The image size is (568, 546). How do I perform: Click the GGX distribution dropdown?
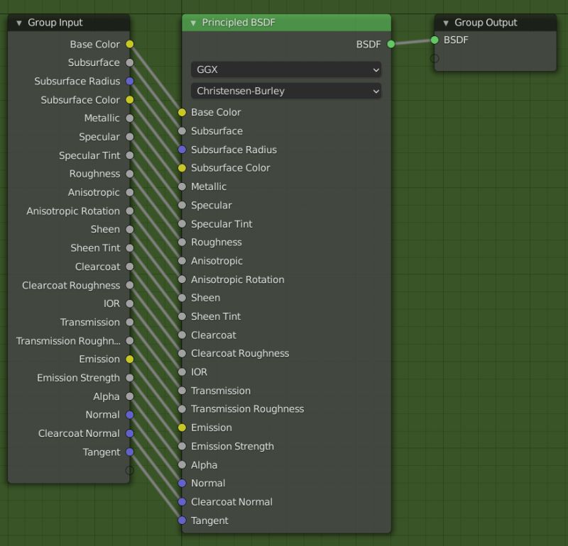point(285,70)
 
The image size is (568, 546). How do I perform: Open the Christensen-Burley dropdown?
point(285,91)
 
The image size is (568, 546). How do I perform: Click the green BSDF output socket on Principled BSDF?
point(391,44)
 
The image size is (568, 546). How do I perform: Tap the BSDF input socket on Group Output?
point(435,40)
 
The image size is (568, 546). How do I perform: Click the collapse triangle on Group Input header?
point(19,23)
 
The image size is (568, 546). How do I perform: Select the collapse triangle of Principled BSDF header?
point(193,23)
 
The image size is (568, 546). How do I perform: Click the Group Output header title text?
point(486,23)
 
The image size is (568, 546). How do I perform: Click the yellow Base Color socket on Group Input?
point(129,44)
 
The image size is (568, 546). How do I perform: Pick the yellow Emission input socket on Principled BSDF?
point(182,428)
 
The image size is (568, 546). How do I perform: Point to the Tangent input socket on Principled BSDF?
point(182,520)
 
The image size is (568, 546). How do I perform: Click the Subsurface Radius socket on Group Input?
point(129,82)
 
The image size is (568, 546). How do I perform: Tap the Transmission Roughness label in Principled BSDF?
point(247,409)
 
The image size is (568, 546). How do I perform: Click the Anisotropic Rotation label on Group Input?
point(73,211)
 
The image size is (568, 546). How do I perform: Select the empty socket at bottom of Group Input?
point(129,470)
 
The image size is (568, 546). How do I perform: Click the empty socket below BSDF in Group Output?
point(435,58)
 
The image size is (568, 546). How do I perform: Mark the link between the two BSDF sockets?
point(413,42)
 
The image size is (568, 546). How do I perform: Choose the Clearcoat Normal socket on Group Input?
point(129,433)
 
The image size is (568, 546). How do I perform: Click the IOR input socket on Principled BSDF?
point(182,372)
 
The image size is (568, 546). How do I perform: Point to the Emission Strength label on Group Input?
point(78,378)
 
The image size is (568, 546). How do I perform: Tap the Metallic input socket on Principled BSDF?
point(182,186)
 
